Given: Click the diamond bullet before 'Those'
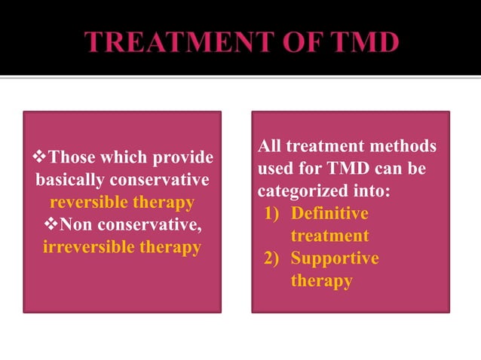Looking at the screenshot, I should click(41, 158).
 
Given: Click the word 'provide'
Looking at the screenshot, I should click(182, 159).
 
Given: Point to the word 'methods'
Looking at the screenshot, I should click(406, 146).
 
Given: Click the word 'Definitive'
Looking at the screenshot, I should click(329, 214).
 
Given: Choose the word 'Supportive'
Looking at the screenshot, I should click(335, 259).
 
